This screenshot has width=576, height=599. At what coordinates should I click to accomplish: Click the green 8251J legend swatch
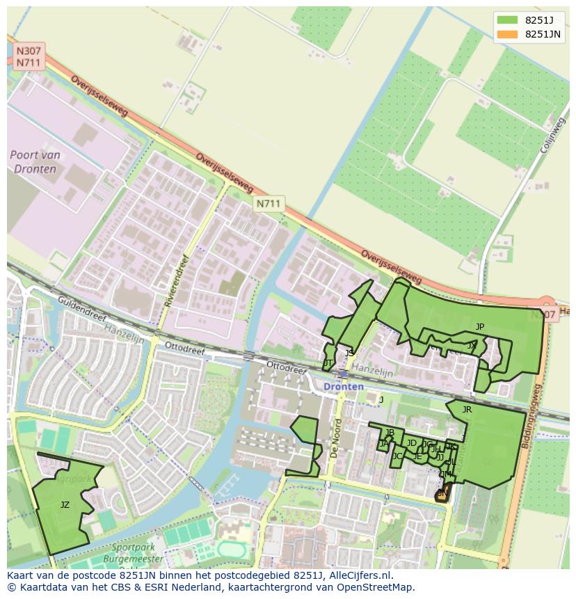pos(508,19)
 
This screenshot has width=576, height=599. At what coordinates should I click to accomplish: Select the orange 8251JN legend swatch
pos(508,34)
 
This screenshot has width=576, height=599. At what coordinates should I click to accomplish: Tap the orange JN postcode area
pos(442,495)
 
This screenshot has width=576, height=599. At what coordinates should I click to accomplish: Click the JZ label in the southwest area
pos(65,505)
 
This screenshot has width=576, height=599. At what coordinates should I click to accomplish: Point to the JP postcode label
pos(480,326)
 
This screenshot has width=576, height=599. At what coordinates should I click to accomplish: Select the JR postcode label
pos(467,410)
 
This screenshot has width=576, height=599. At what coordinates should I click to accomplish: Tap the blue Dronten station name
pos(343,386)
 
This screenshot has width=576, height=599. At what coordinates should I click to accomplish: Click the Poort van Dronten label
pos(35,162)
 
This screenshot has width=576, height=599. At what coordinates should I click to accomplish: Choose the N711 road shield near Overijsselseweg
pos(268,203)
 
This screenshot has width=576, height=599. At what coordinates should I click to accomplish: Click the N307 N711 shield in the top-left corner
pos(29,56)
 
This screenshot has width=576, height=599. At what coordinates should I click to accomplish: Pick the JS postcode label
pos(349,353)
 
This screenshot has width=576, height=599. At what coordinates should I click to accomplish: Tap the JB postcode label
pos(390,433)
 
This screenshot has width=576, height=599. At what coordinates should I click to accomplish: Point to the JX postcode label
pos(472,345)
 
